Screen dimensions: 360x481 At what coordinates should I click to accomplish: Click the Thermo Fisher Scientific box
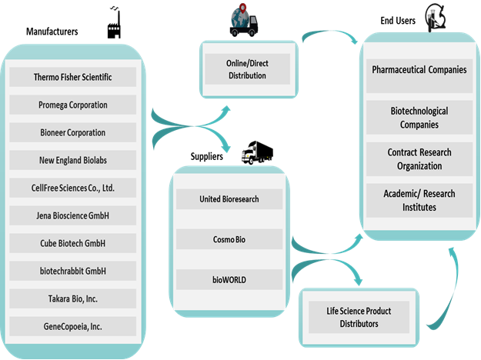click(x=73, y=77)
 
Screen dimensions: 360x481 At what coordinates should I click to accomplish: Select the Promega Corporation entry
click(x=73, y=105)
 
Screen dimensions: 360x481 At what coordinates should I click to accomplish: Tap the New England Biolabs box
click(x=73, y=160)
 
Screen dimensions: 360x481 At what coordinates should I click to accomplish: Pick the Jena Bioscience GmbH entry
click(x=73, y=215)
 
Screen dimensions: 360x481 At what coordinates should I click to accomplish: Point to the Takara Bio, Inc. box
click(x=73, y=298)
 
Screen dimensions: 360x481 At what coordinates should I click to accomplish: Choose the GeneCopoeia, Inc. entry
click(x=73, y=326)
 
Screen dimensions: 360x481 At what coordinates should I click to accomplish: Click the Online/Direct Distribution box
click(x=247, y=69)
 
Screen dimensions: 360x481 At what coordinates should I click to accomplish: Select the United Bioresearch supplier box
click(x=229, y=199)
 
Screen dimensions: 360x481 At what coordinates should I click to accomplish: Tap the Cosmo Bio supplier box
click(x=229, y=239)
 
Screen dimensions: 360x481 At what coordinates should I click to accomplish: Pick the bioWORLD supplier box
click(x=229, y=279)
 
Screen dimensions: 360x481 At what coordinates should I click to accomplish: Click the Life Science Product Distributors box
click(x=359, y=317)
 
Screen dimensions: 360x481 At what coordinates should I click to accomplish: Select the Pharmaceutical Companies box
click(x=419, y=70)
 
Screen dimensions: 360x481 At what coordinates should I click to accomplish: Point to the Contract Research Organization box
click(x=419, y=159)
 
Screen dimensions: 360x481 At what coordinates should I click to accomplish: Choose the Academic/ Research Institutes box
click(x=419, y=201)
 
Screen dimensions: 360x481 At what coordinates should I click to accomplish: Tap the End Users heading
click(x=398, y=21)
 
